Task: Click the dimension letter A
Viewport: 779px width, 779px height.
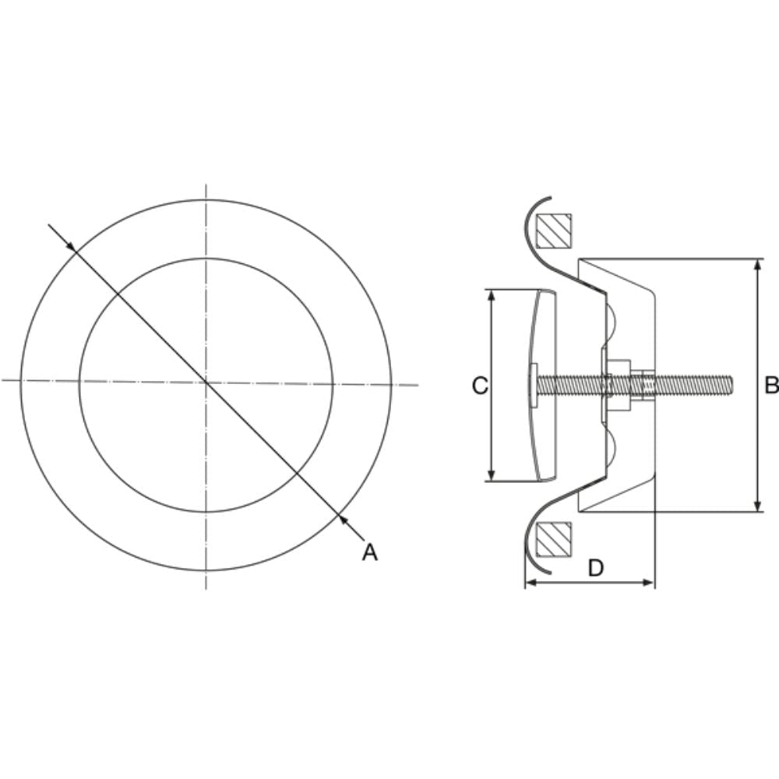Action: (x=370, y=552)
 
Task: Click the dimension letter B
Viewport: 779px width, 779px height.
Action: (x=770, y=385)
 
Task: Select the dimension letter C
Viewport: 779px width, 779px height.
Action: (x=480, y=385)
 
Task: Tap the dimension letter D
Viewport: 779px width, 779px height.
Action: (x=595, y=569)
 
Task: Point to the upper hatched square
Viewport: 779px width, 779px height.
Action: (x=554, y=231)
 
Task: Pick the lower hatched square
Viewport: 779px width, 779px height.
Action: (x=554, y=539)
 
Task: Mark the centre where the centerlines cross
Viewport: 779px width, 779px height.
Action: (x=206, y=382)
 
